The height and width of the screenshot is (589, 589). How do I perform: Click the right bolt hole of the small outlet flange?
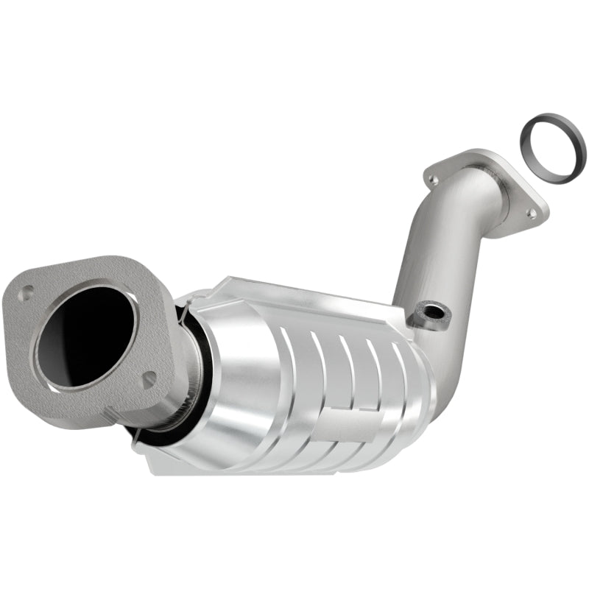coord(531,213)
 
